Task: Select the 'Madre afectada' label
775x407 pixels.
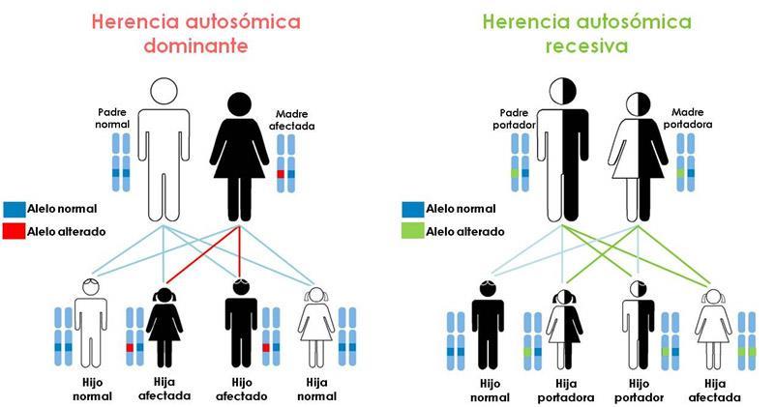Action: click(x=296, y=119)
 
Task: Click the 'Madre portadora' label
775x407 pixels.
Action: click(x=690, y=119)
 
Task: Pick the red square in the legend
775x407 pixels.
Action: click(x=14, y=231)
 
